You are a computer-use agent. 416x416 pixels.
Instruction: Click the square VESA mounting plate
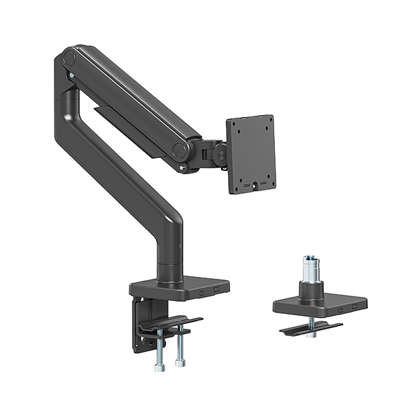pyautogui.click(x=251, y=154)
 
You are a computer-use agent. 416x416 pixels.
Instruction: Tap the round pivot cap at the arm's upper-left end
pyautogui.click(x=70, y=59)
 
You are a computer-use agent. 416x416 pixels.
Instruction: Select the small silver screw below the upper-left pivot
pyautogui.click(x=71, y=77)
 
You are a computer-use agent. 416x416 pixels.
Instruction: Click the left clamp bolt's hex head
pyautogui.click(x=160, y=368)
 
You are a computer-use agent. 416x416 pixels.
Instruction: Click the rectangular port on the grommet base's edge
pyautogui.click(x=355, y=305)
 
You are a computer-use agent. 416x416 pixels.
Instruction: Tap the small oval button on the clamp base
pyautogui.click(x=201, y=293)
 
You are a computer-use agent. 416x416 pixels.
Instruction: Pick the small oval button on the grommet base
pyautogui.click(x=339, y=310)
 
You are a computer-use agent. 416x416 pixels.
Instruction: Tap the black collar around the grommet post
pyautogui.click(x=310, y=291)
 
